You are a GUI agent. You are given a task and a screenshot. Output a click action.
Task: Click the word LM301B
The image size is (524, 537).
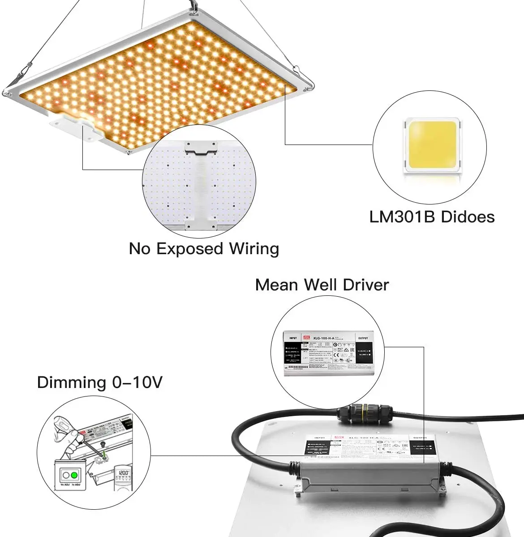tap(402, 217)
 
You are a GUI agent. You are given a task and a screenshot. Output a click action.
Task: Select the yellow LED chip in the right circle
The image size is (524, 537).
tap(432, 144)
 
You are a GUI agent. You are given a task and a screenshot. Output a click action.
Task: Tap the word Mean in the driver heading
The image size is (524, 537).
tap(276, 285)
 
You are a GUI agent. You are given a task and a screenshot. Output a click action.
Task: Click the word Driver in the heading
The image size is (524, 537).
tap(366, 285)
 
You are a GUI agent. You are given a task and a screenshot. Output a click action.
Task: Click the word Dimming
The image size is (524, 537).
tap(71, 383)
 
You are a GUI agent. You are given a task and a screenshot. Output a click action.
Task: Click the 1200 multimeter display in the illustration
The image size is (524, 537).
tap(124, 473)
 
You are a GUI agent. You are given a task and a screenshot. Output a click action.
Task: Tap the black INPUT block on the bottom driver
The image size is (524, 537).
tap(315, 449)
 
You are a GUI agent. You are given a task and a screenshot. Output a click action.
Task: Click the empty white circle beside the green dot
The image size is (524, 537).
tap(66, 474)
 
